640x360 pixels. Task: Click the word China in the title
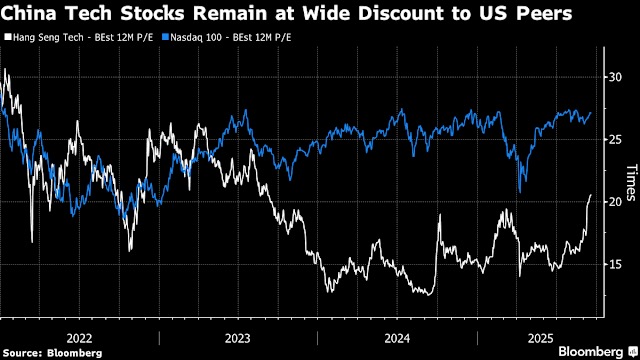pos(29,13)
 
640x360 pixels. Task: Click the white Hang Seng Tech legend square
pos(8,37)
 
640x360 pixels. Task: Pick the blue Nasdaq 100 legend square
pos(165,37)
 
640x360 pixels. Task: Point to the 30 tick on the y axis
pos(615,77)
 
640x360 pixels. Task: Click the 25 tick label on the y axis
pos(615,140)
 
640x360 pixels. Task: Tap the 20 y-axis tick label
pos(615,202)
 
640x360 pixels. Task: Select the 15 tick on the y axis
pos(615,264)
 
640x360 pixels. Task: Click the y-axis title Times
pos(631,182)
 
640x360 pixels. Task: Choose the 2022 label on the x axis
pos(79,338)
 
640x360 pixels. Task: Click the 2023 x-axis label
pos(238,338)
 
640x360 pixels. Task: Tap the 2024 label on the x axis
pos(397,338)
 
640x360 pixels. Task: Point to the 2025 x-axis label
pos(540,338)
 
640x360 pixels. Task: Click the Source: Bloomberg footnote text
pos(52,353)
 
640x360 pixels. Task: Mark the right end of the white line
pos(591,195)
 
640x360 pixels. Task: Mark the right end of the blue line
pos(591,113)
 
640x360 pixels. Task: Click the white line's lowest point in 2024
pos(428,295)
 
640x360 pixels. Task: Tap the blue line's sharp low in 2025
pos(520,193)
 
